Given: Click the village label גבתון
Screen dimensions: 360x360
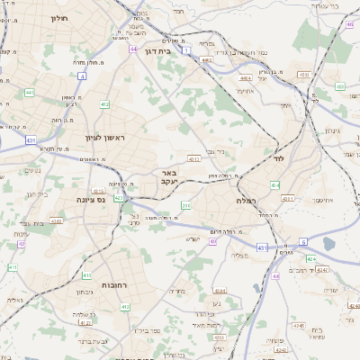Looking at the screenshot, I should (83, 292).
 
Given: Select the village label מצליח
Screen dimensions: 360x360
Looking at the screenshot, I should (239, 256).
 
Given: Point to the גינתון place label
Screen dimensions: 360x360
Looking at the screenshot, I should (331, 131).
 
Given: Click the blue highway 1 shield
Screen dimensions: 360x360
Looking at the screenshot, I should (185, 51).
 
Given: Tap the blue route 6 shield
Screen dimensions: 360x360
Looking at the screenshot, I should (303, 241).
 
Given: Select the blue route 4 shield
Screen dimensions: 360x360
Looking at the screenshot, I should (81, 77).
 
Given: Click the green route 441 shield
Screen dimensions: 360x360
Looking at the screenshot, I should (30, 93).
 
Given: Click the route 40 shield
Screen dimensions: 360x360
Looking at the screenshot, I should (212, 241).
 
